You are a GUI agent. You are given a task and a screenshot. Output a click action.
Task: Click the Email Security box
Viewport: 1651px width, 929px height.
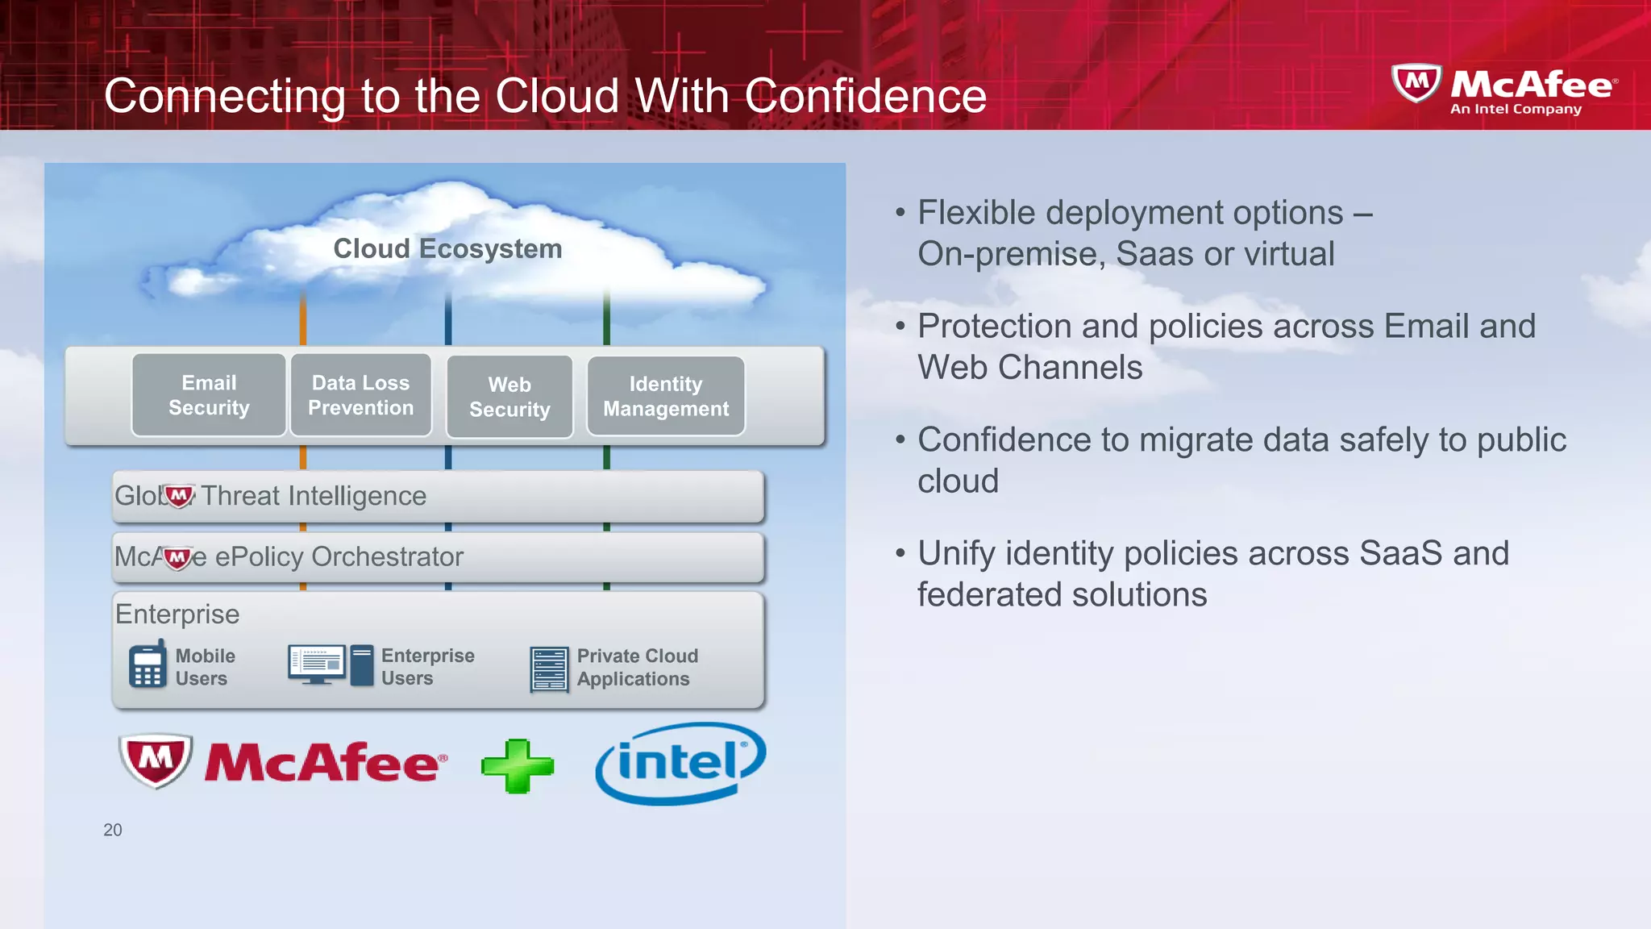pyautogui.click(x=209, y=395)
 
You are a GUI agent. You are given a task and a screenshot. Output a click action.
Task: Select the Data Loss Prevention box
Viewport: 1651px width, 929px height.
pyautogui.click(x=360, y=395)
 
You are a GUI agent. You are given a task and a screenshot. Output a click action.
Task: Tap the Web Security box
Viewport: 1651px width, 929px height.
pyautogui.click(x=509, y=397)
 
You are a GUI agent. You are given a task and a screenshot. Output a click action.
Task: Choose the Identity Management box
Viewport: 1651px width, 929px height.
pyautogui.click(x=666, y=396)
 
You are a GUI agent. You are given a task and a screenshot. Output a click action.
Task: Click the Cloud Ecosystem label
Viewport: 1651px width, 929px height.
pyautogui.click(x=447, y=248)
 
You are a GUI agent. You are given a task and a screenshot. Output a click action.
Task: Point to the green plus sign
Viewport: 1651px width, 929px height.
pyautogui.click(x=518, y=765)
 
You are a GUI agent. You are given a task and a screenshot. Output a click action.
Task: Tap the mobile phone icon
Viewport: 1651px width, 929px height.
pyautogui.click(x=148, y=666)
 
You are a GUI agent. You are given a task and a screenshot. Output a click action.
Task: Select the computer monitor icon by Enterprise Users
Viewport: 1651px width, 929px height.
pyautogui.click(x=317, y=664)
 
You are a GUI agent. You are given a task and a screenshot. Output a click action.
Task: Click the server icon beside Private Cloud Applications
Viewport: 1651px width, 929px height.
pyautogui.click(x=549, y=669)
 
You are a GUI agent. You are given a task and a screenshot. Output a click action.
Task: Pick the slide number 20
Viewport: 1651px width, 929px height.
pyautogui.click(x=113, y=830)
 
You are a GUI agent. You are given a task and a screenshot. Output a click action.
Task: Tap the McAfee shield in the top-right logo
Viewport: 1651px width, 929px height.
pyautogui.click(x=1416, y=83)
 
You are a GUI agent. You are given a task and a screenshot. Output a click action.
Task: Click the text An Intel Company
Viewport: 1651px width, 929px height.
pyautogui.click(x=1516, y=109)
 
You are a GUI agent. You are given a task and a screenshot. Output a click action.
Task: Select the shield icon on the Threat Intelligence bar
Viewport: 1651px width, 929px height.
pyautogui.click(x=178, y=495)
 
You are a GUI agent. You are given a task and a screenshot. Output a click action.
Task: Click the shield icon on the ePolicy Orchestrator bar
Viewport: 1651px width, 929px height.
pyautogui.click(x=177, y=557)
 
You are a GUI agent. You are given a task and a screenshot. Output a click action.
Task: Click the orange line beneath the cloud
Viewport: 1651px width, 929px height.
pyautogui.click(x=303, y=319)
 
